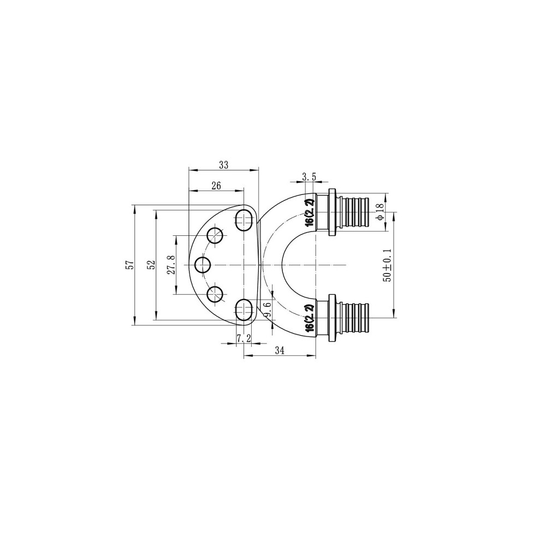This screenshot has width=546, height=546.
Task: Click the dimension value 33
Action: click(223, 165)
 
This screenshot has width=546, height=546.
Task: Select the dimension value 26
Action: click(216, 186)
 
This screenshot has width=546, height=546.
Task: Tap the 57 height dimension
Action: click(130, 265)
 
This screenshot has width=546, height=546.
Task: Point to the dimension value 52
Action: click(151, 265)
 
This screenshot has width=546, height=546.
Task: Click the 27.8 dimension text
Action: click(171, 265)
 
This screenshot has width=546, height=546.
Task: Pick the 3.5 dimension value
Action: click(309, 177)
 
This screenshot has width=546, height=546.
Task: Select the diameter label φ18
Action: click(379, 211)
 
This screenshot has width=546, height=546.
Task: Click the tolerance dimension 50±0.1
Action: click(387, 265)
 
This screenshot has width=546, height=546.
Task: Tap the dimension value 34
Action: click(280, 351)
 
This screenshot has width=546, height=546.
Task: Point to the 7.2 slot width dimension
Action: click(244, 338)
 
